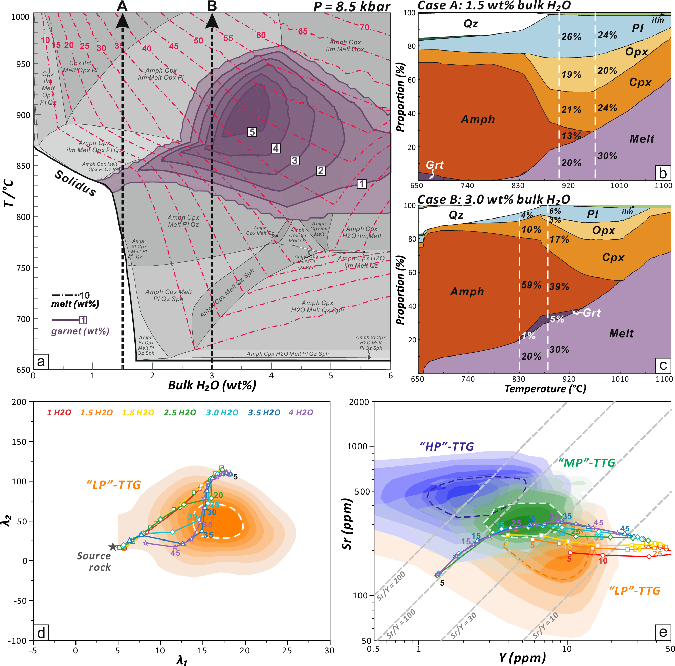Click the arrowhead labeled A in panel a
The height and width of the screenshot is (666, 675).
pyautogui.click(x=122, y=20)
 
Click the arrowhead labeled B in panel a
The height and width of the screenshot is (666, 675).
pyautogui.click(x=212, y=20)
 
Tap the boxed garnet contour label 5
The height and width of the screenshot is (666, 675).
pyautogui.click(x=252, y=132)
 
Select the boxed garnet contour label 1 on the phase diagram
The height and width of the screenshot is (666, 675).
pyautogui.click(x=362, y=184)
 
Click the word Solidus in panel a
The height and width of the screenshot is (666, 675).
pyautogui.click(x=75, y=184)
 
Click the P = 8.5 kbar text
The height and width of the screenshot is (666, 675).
pyautogui.click(x=352, y=6)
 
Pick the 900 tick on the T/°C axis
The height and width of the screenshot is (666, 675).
pyautogui.click(x=23, y=115)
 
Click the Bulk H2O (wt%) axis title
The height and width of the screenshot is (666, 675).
pyautogui.click(x=212, y=385)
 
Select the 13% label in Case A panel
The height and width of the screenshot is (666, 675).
pyautogui.click(x=571, y=136)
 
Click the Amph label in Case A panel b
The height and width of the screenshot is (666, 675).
pyautogui.click(x=478, y=119)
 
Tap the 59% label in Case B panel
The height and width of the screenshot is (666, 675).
pyautogui.click(x=531, y=285)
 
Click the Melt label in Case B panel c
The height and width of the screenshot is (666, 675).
pyautogui.click(x=621, y=334)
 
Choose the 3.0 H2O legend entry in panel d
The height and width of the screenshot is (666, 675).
pyautogui.click(x=222, y=413)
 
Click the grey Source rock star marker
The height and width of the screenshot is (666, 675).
pyautogui.click(x=112, y=547)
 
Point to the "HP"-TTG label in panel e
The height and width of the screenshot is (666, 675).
pyautogui.click(x=447, y=446)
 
